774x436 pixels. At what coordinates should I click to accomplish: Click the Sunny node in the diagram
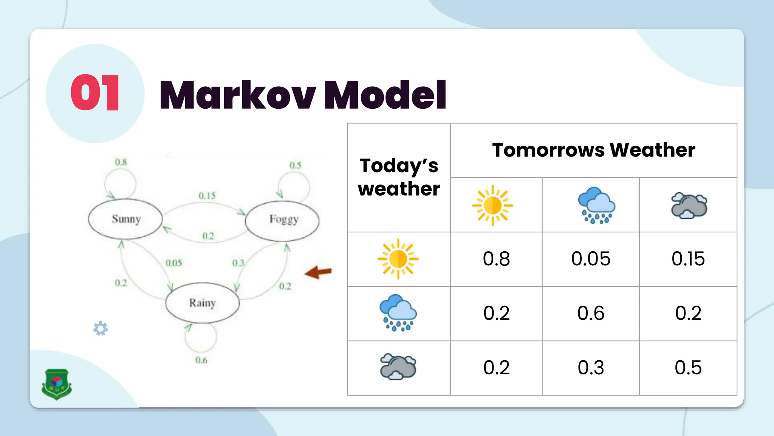point(125,219)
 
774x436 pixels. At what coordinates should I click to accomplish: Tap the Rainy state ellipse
point(203,303)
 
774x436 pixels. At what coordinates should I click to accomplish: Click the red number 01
point(95,93)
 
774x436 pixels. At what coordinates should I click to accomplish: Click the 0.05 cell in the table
point(591,259)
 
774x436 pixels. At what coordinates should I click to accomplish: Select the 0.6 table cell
point(591,313)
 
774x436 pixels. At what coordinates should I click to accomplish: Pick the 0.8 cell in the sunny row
point(496,259)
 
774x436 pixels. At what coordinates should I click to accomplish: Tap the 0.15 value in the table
point(688,259)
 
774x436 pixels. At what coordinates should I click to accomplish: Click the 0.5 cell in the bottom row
point(688,368)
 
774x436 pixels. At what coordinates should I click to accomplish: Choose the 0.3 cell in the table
point(591,368)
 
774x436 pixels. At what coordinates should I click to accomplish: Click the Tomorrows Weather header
point(593,150)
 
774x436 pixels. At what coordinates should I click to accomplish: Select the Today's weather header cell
point(399,177)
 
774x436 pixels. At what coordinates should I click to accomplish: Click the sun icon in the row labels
point(398,259)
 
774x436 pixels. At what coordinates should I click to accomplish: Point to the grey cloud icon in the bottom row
point(398,366)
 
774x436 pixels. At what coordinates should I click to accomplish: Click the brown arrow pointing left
point(318,272)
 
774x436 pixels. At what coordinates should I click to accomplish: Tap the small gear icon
point(101,329)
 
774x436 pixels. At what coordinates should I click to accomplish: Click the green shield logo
point(57,384)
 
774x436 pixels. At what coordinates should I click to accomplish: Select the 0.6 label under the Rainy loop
point(201,360)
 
